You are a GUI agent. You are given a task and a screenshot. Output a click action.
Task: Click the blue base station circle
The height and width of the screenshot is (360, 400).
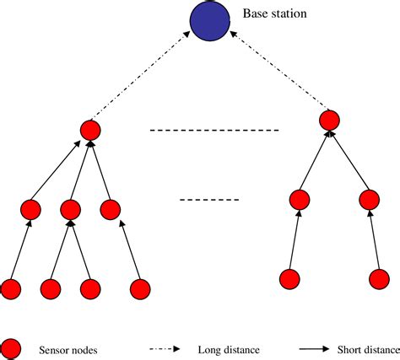tap(209, 23)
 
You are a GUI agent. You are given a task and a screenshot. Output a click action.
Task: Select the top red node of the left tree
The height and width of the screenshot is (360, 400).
tap(90, 130)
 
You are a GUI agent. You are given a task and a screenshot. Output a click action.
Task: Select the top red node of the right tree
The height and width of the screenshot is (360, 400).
tap(329, 121)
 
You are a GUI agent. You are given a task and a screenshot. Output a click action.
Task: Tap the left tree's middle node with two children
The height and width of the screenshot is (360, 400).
tap(71, 209)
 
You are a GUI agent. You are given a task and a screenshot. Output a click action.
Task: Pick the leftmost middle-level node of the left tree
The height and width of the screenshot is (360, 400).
tap(31, 209)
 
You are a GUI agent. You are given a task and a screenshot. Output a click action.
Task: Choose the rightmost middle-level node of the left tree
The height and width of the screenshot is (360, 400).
tap(111, 209)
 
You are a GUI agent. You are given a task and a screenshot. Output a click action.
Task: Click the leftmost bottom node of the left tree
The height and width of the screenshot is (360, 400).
tap(11, 289)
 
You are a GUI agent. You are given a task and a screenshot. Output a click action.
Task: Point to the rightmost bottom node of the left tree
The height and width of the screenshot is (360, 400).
tap(140, 289)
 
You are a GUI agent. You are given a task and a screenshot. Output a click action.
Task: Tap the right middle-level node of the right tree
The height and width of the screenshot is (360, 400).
tap(369, 200)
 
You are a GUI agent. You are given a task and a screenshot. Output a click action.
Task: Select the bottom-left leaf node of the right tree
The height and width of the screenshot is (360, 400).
tap(289, 277)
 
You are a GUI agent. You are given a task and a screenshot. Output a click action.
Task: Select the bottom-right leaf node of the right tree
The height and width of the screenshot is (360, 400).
tap(379, 277)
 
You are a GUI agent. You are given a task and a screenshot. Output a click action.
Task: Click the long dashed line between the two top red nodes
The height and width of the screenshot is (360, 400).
tap(213, 131)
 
